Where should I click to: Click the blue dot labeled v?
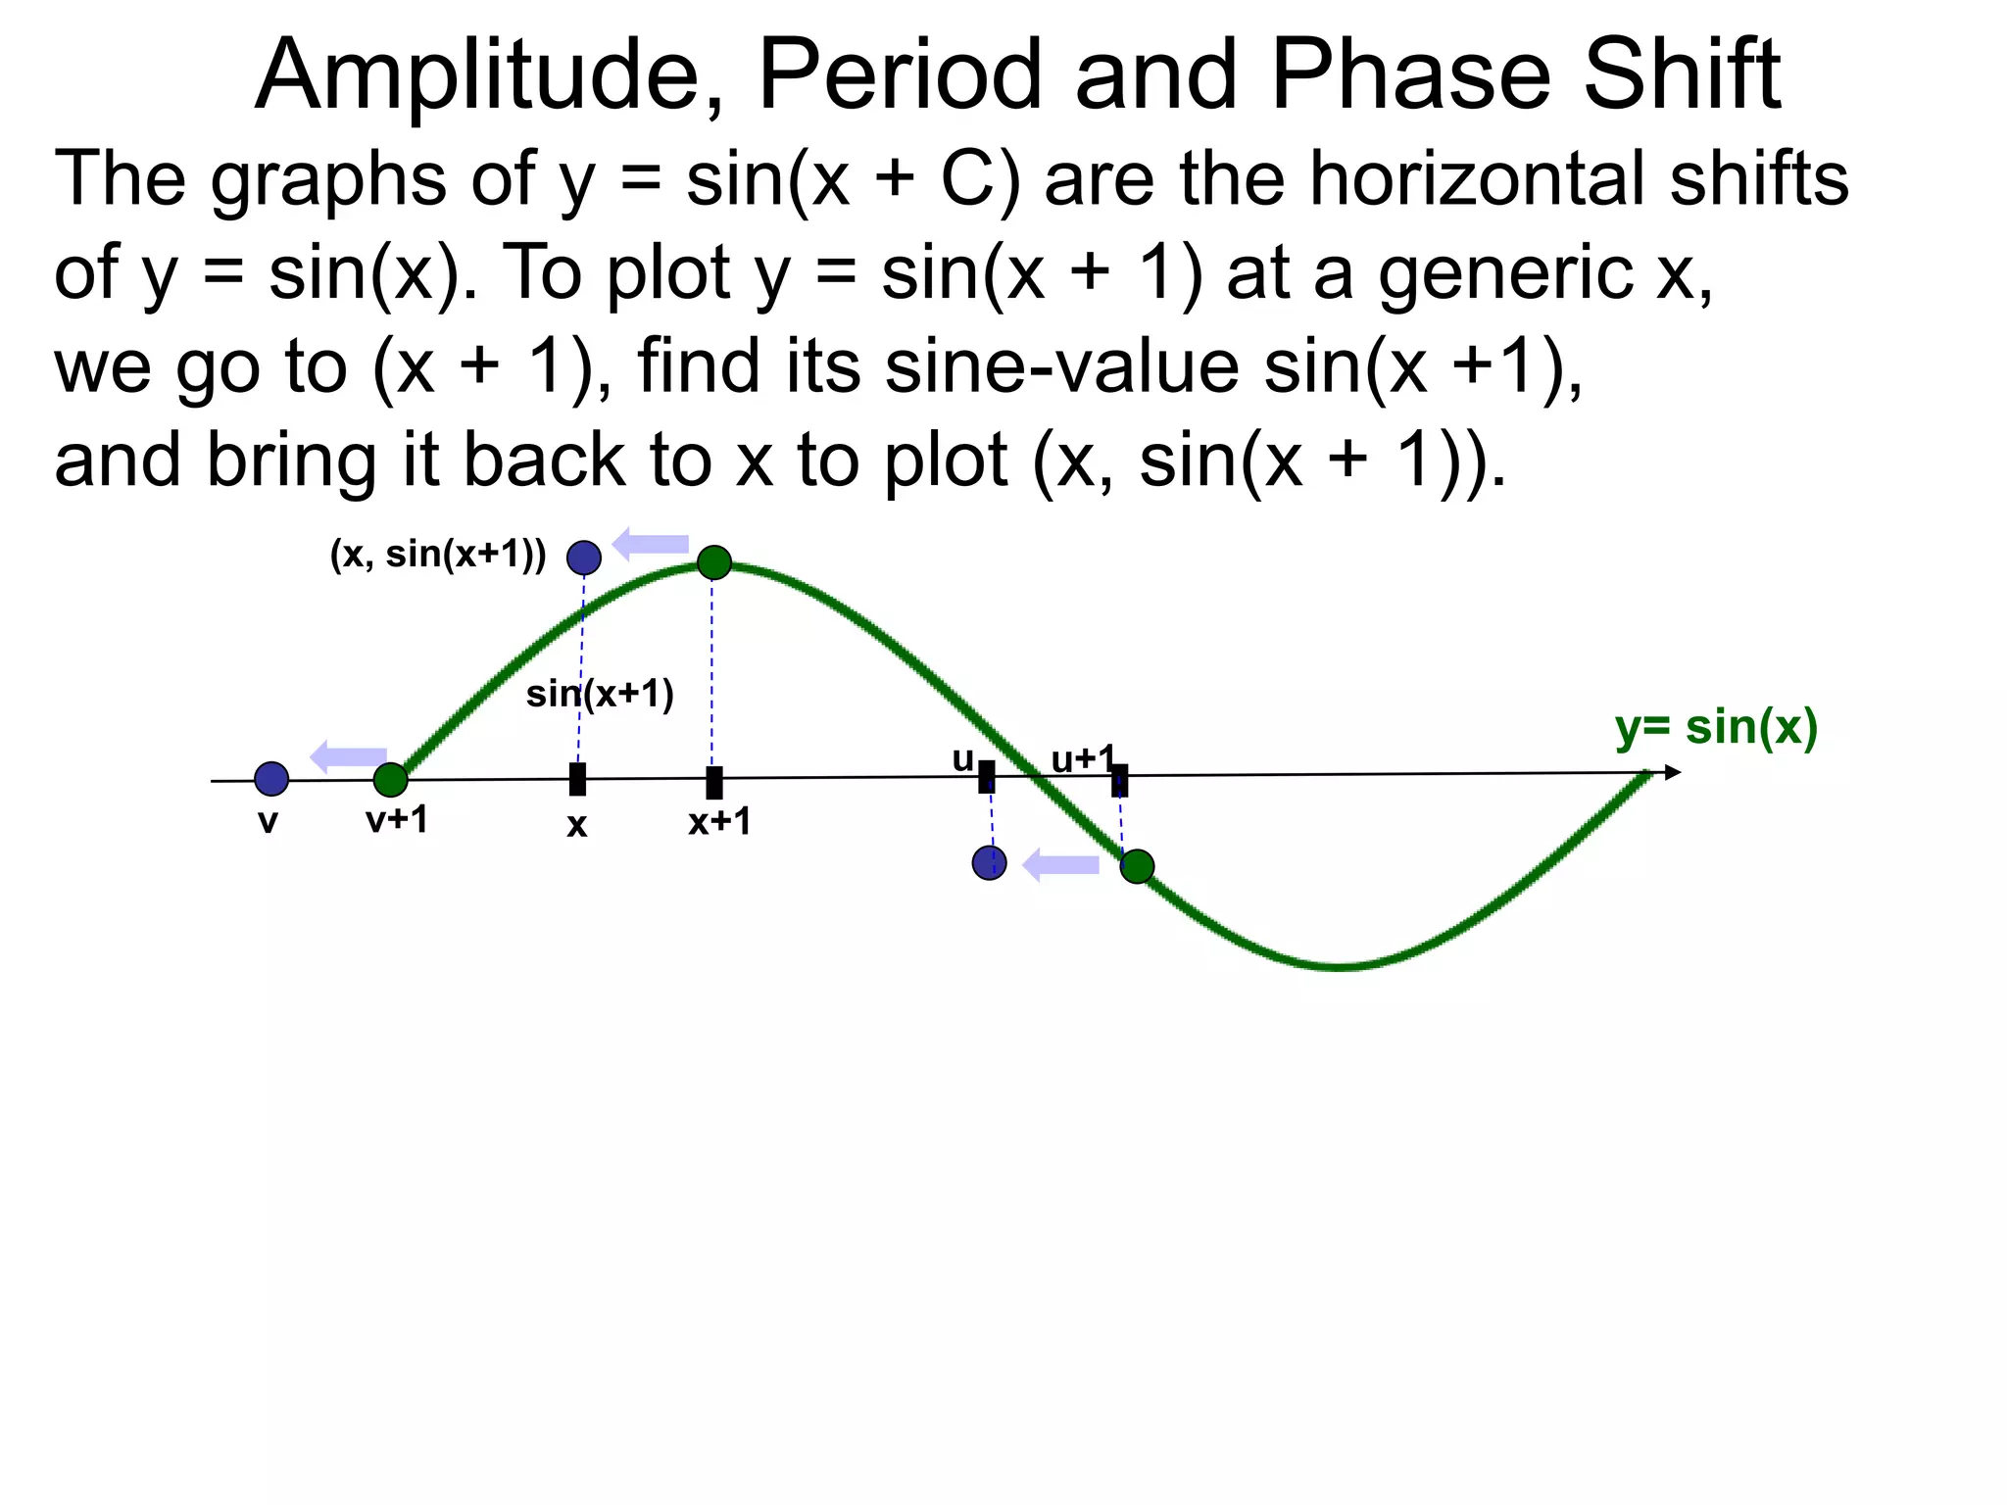(x=271, y=779)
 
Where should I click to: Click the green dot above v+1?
(x=390, y=780)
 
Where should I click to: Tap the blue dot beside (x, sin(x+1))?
(x=584, y=558)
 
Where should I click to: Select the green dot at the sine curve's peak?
(x=714, y=562)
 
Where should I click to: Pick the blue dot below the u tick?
(x=989, y=863)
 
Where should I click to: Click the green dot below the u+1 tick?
(x=1137, y=866)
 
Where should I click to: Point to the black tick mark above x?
(x=578, y=780)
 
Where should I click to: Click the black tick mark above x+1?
(x=714, y=782)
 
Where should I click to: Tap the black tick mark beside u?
(x=987, y=777)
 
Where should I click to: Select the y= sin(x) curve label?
(x=1716, y=728)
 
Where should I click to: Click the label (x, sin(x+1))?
(x=438, y=555)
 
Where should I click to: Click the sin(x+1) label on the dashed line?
(x=600, y=694)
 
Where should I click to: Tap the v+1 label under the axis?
(x=397, y=819)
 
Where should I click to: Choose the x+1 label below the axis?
(x=719, y=821)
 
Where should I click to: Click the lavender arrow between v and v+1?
(x=348, y=756)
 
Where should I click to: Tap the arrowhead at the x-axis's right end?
(x=1673, y=773)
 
